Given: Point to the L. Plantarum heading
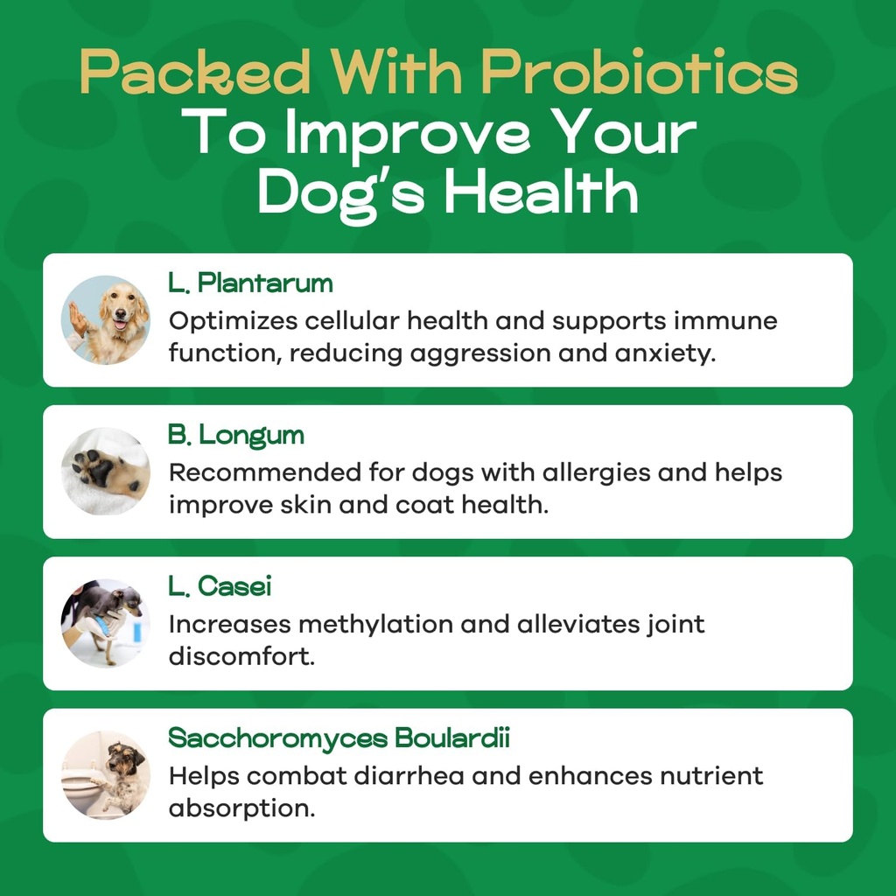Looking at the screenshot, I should click(250, 283).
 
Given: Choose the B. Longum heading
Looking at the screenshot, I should click(235, 435).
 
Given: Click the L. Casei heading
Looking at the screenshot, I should click(220, 586).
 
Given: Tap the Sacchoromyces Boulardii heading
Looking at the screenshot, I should click(339, 738).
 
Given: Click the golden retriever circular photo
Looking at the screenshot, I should click(106, 320).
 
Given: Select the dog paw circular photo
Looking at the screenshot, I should click(106, 472).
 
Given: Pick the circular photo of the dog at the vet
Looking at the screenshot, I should click(106, 623).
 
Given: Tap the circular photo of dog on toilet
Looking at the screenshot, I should click(106, 774).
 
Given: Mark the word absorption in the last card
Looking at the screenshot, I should click(241, 808).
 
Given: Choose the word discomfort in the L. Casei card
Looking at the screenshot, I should click(241, 657).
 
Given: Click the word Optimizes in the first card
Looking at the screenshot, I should click(232, 321).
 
